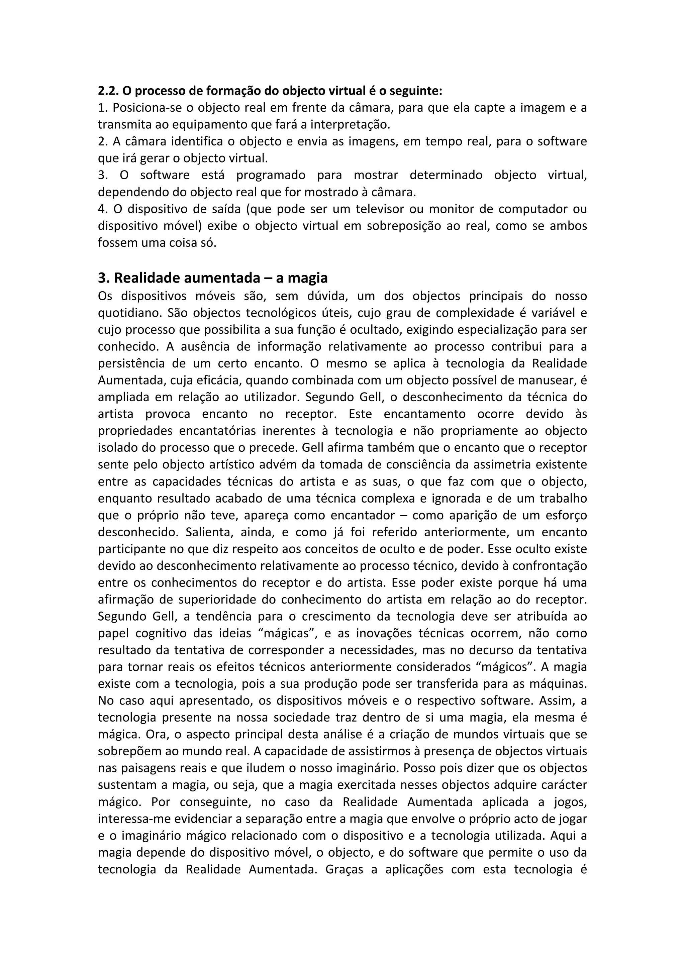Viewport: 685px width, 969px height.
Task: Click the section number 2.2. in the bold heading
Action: (x=108, y=91)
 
